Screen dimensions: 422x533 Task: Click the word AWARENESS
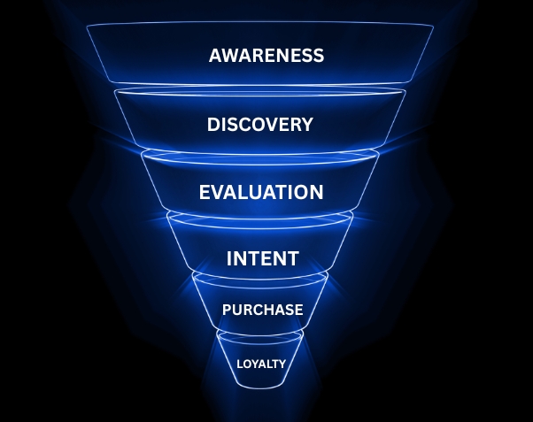click(266, 56)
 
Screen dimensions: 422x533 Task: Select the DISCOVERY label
click(260, 125)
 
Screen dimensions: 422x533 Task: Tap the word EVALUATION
click(261, 192)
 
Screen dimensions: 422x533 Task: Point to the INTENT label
click(262, 259)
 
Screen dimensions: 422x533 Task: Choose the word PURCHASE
click(263, 310)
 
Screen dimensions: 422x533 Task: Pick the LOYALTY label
click(261, 363)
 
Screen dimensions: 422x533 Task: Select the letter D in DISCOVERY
click(214, 125)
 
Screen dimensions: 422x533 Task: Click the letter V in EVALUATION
click(217, 192)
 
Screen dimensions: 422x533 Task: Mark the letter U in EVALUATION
click(257, 192)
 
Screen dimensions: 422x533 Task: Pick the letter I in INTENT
click(229, 259)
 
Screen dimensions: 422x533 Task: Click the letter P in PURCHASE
click(227, 310)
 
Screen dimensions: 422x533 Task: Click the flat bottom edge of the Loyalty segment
click(261, 386)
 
